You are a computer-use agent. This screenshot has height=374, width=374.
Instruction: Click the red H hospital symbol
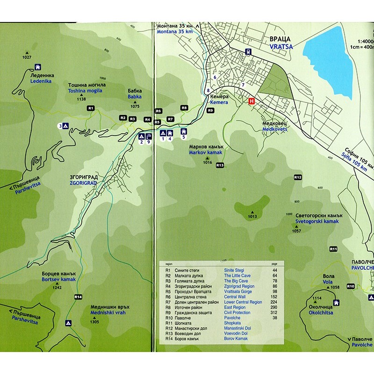[252, 101]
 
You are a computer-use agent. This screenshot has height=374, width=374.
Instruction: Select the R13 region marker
[220, 165]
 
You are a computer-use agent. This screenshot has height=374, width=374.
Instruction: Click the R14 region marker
[78, 296]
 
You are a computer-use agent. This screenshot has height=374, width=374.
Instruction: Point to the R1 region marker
[91, 108]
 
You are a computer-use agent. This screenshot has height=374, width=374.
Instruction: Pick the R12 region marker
[298, 177]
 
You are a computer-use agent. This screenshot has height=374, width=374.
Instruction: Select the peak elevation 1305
[95, 322]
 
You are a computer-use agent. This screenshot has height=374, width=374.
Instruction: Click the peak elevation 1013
[252, 216]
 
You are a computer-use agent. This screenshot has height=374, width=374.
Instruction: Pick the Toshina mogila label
[87, 92]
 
